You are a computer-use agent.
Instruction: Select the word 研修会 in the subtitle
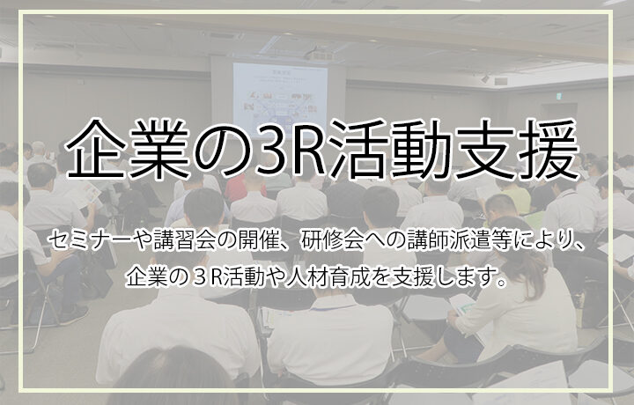point(331,242)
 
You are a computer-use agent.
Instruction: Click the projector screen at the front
point(280,98)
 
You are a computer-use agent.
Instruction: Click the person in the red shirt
point(243,186)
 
